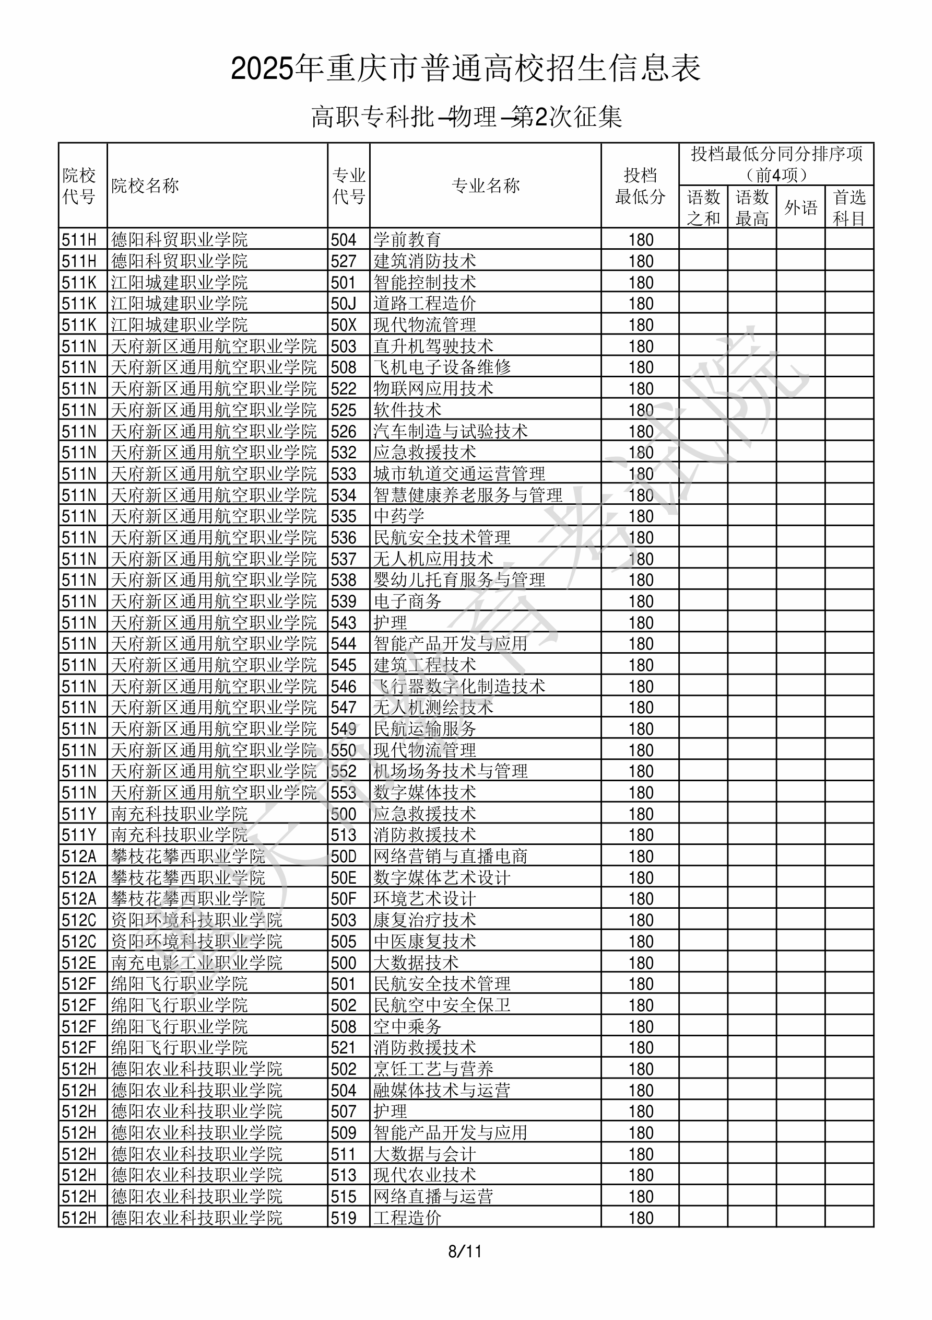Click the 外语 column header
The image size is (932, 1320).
tap(800, 207)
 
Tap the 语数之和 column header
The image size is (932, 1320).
tap(703, 207)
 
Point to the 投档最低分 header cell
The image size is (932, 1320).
tap(640, 186)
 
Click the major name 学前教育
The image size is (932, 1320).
tap(407, 240)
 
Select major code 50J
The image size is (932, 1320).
tap(344, 304)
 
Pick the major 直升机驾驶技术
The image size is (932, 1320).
tap(433, 346)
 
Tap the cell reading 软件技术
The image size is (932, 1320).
tap(407, 410)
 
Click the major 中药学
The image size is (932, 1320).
tap(398, 516)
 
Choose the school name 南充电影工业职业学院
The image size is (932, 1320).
tap(196, 963)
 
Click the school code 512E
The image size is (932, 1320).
tap(79, 963)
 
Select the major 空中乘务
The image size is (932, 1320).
tap(407, 1027)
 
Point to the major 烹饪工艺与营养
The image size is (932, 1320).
tap(433, 1069)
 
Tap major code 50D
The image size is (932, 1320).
tap(344, 856)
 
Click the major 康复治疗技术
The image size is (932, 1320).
tap(424, 920)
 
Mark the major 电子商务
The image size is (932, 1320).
tap(407, 601)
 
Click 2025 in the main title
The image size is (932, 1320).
tap(262, 70)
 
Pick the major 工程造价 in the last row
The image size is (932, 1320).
tap(407, 1218)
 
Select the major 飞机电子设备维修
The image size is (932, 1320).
tap(441, 367)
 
